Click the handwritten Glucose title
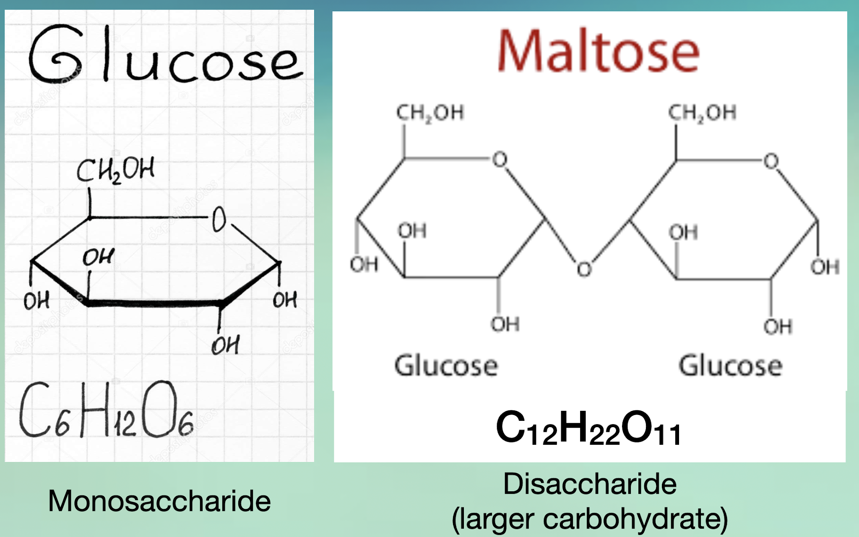[166, 54]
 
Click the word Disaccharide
[590, 484]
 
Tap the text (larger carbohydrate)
[590, 519]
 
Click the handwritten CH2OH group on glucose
[115, 170]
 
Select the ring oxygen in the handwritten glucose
[219, 219]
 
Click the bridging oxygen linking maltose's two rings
[584, 269]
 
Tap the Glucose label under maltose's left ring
[446, 366]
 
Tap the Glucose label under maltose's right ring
[730, 366]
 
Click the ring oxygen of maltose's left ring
[500, 160]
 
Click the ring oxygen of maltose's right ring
[771, 161]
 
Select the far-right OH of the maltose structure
[825, 267]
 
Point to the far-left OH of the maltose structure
[364, 265]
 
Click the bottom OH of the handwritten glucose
[226, 345]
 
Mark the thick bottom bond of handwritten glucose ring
[155, 303]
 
